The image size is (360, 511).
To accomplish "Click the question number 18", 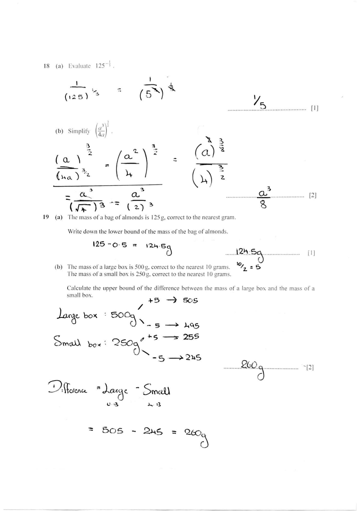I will [x=46, y=66].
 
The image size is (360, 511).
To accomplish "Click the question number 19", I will [x=46, y=217].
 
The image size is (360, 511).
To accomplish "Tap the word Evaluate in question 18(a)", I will [x=79, y=66].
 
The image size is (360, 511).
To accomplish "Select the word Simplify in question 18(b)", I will [x=78, y=131].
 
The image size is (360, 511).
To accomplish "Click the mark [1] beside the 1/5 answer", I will [x=315, y=108].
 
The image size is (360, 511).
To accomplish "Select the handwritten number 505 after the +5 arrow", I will [x=190, y=300].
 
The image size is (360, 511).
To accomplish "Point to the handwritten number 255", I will [x=191, y=337].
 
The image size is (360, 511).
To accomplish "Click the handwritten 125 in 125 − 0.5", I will [x=99, y=244].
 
